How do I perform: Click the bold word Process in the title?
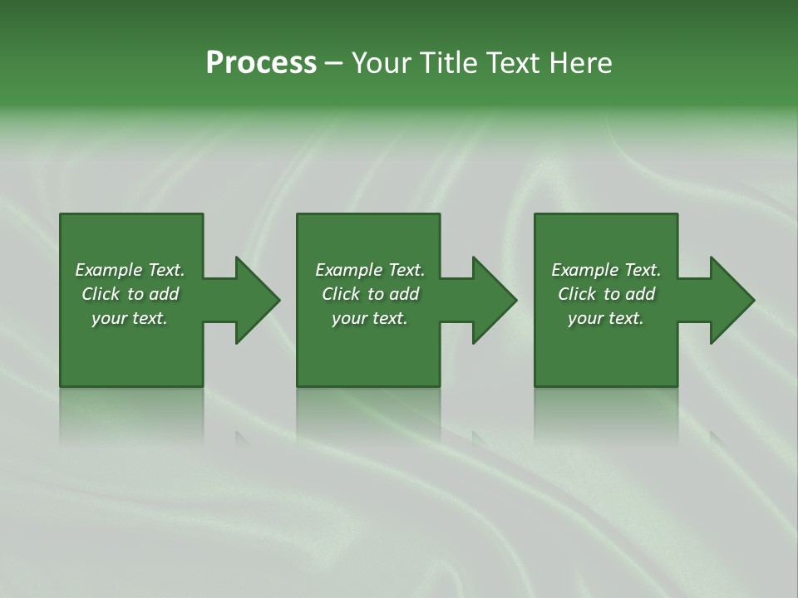[x=261, y=62]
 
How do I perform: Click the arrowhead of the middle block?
[x=494, y=300]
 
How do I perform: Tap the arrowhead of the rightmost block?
[x=731, y=300]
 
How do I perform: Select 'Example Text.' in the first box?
[x=130, y=270]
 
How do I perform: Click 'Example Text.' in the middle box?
[x=370, y=270]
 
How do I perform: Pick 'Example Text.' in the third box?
[x=606, y=270]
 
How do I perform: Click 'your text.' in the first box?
[x=130, y=318]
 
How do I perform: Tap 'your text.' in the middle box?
[x=370, y=318]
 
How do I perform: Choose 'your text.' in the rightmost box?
[x=606, y=318]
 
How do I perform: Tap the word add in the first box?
[x=164, y=294]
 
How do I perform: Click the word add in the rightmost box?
[x=640, y=294]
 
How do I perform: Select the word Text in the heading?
[x=513, y=62]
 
